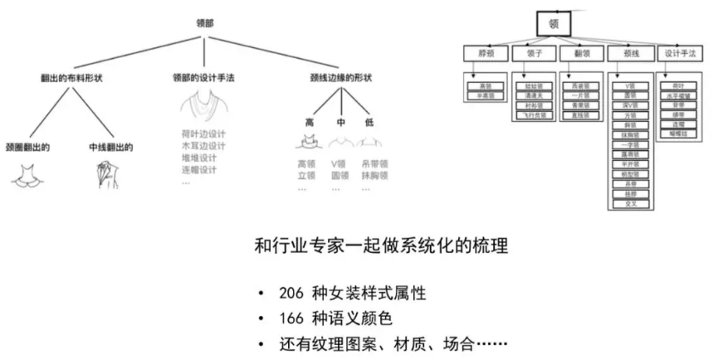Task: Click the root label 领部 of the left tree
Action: pyautogui.click(x=203, y=23)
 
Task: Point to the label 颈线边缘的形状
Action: pyautogui.click(x=340, y=77)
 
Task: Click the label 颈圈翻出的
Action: pyautogui.click(x=27, y=148)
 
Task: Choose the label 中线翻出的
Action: pyautogui.click(x=111, y=148)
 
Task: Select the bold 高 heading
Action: pyautogui.click(x=310, y=122)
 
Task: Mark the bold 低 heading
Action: pyautogui.click(x=369, y=122)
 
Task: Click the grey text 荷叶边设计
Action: pyautogui.click(x=203, y=134)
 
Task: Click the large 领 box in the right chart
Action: pyautogui.click(x=554, y=25)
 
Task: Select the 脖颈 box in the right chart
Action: pyautogui.click(x=486, y=53)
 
